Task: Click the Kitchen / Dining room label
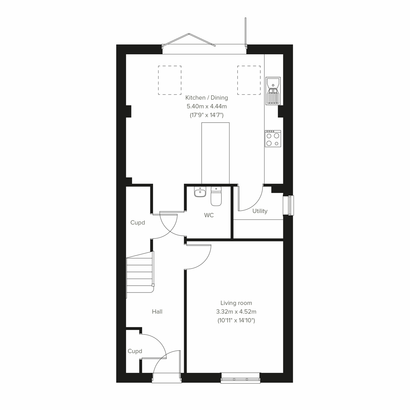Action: tap(206, 98)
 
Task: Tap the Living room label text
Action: tap(236, 303)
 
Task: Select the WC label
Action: tap(209, 215)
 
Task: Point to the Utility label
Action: tap(260, 211)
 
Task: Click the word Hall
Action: tap(157, 312)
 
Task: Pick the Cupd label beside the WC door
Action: tap(138, 223)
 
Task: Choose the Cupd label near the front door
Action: tap(135, 351)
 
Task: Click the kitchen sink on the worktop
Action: tap(273, 91)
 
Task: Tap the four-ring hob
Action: tap(273, 138)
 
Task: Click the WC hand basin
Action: tap(200, 192)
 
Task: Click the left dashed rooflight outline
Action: tap(169, 80)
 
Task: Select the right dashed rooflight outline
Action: tap(249, 80)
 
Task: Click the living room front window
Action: tap(240, 378)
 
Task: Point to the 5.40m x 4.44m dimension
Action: tap(206, 107)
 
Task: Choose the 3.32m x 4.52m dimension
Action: tap(236, 312)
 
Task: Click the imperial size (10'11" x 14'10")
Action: tap(236, 320)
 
